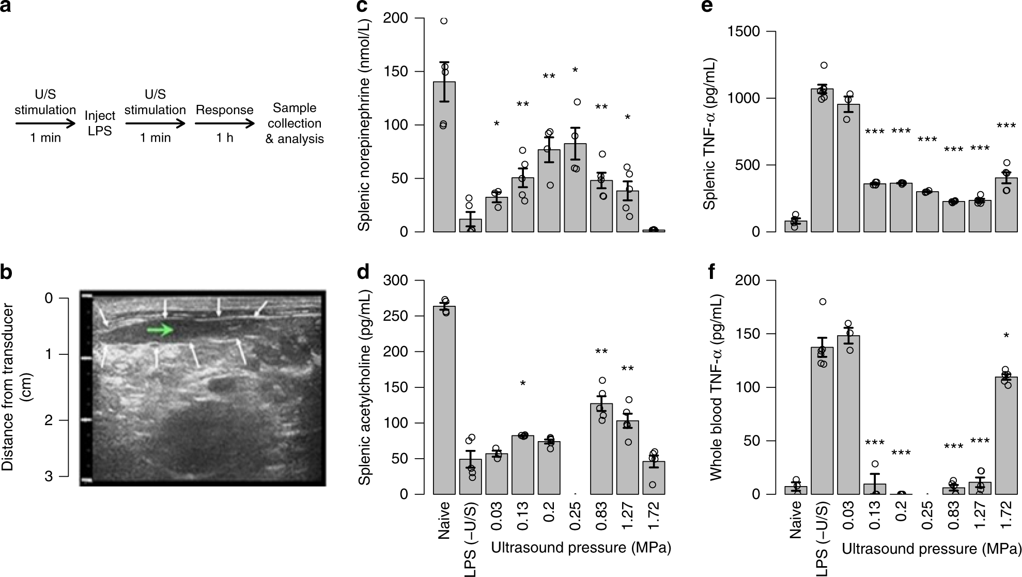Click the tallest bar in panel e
click(822, 160)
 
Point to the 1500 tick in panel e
click(747, 32)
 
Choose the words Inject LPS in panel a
click(100, 123)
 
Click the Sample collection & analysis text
click(295, 123)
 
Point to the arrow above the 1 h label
click(225, 124)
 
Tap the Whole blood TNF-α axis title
click(717, 387)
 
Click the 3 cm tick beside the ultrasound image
click(49, 476)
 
